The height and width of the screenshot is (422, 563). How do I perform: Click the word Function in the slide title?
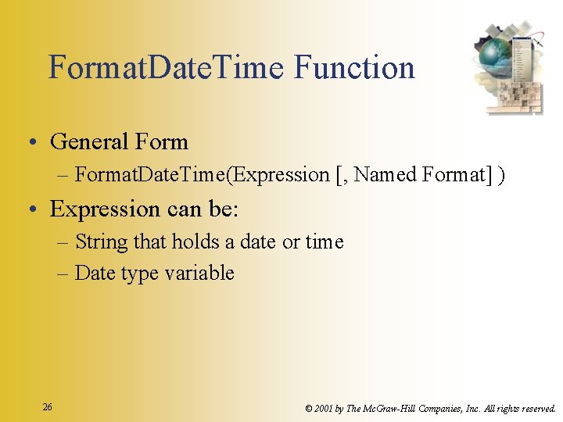pos(354,68)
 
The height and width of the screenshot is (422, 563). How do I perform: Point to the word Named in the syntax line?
pos(385,175)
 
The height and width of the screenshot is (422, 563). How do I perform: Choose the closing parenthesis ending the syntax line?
pos(500,175)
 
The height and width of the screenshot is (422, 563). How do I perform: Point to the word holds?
pos(195,242)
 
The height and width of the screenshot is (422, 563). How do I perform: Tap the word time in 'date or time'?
pos(325,242)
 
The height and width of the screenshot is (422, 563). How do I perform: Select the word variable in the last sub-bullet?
pos(205,274)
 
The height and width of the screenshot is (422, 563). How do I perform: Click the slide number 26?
pos(48,407)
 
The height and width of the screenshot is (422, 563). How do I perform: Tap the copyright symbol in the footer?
pos(309,408)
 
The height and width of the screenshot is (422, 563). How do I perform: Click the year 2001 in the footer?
pos(325,408)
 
